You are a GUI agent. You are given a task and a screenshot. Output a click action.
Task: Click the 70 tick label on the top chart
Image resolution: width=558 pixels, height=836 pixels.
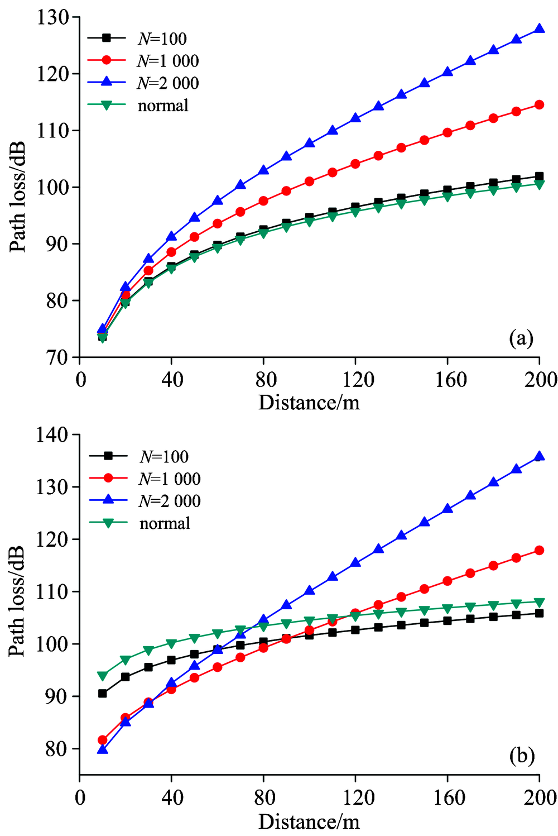(x=58, y=357)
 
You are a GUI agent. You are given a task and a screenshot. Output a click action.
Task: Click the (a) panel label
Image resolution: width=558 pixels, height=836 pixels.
(x=521, y=338)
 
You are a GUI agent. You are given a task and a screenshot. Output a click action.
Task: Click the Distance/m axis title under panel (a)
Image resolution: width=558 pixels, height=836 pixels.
(x=309, y=402)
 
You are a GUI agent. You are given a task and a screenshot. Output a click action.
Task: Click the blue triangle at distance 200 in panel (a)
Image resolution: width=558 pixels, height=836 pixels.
(x=539, y=28)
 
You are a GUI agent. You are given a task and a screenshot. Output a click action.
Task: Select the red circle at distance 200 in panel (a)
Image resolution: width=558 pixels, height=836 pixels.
(x=539, y=104)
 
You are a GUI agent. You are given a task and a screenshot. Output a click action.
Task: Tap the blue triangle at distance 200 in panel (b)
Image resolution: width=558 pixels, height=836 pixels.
(x=539, y=456)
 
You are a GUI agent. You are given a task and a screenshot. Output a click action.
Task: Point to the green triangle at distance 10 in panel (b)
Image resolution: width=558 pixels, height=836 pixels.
(x=103, y=676)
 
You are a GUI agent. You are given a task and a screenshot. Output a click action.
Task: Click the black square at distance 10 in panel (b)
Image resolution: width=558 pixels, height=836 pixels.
(x=103, y=694)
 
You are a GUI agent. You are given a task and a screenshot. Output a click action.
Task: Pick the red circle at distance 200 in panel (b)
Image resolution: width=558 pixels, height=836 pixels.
(x=539, y=550)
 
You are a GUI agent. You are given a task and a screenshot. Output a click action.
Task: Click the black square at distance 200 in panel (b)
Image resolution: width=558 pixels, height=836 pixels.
(x=539, y=613)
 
